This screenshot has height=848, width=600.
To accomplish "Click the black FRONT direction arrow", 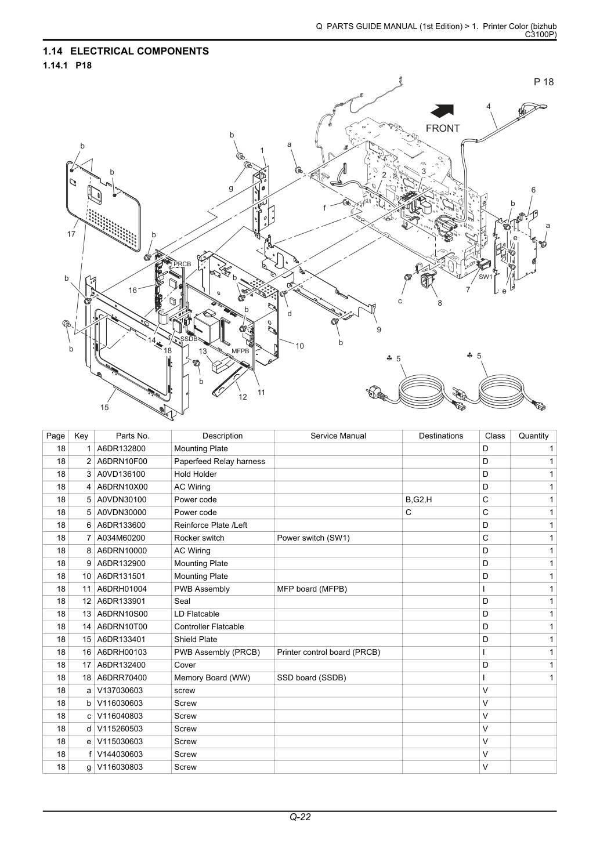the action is pyautogui.click(x=442, y=111).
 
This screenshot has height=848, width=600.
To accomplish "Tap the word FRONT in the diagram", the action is pyautogui.click(x=442, y=128).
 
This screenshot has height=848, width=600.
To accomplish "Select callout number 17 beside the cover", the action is pyautogui.click(x=71, y=234).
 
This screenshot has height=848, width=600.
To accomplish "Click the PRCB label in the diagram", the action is pyautogui.click(x=182, y=264).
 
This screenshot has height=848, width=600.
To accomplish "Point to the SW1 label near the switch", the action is pyautogui.click(x=485, y=277).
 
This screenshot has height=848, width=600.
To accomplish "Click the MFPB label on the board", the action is pyautogui.click(x=241, y=351).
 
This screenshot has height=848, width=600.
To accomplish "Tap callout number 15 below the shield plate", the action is pyautogui.click(x=104, y=407).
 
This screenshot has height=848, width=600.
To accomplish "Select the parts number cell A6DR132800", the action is pyautogui.click(x=121, y=448).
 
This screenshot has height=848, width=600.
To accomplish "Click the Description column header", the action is pyautogui.click(x=222, y=436).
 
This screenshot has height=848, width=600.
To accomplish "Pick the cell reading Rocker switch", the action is pyautogui.click(x=199, y=538).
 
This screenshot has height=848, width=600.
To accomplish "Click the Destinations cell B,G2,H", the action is pyautogui.click(x=418, y=500).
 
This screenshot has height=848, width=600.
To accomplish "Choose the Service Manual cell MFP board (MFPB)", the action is pyautogui.click(x=312, y=589).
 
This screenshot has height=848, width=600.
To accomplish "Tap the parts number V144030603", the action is pyautogui.click(x=120, y=754).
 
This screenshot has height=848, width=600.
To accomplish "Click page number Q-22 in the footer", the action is pyautogui.click(x=300, y=817).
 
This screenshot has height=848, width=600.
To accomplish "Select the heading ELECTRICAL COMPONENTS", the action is pyautogui.click(x=139, y=51).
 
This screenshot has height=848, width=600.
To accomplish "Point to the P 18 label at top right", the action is pyautogui.click(x=544, y=82).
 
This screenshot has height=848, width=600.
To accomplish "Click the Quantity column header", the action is pyautogui.click(x=533, y=436).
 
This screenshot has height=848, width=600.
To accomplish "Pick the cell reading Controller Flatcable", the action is pyautogui.click(x=209, y=627).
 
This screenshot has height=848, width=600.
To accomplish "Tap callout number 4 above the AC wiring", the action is pyautogui.click(x=489, y=106).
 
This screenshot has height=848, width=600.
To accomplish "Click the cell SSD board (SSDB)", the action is pyautogui.click(x=312, y=677).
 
